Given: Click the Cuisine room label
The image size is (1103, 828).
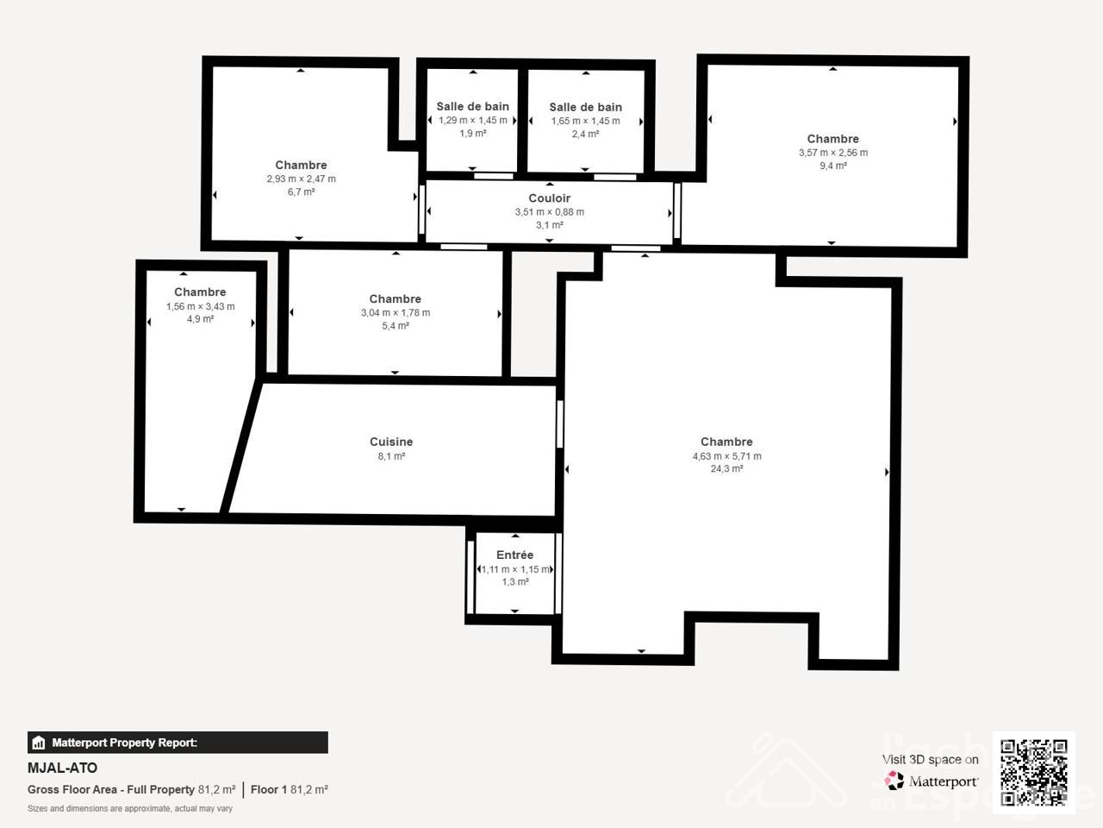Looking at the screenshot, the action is pyautogui.click(x=391, y=442).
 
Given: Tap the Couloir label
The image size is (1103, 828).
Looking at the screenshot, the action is pyautogui.click(x=549, y=198).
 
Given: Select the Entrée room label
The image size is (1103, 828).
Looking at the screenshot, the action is pyautogui.click(x=514, y=555).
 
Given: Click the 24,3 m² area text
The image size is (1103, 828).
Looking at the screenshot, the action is pyautogui.click(x=726, y=468).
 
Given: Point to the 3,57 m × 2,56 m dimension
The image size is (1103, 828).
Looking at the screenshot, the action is pyautogui.click(x=833, y=153).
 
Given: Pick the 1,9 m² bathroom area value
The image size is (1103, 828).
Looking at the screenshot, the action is pyautogui.click(x=473, y=133).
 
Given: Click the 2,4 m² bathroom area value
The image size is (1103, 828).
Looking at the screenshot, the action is pyautogui.click(x=585, y=134).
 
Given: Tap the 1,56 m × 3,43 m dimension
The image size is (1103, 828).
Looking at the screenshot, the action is pyautogui.click(x=201, y=306).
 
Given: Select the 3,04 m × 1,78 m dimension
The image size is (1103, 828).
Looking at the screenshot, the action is pyautogui.click(x=396, y=313).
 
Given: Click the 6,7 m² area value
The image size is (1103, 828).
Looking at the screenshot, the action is pyautogui.click(x=301, y=191).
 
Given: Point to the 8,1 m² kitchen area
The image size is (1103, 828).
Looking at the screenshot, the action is pyautogui.click(x=391, y=456).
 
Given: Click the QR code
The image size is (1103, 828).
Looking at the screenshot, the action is pyautogui.click(x=1034, y=773).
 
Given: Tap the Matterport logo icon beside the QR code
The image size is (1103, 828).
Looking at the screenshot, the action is pyautogui.click(x=894, y=781).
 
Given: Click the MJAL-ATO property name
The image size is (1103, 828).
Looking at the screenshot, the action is pyautogui.click(x=62, y=768).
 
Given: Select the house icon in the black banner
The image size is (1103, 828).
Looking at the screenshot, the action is pyautogui.click(x=38, y=743).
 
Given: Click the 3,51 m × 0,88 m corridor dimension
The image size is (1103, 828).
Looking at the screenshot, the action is pyautogui.click(x=549, y=212).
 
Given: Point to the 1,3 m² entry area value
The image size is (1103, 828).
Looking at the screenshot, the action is pyautogui.click(x=515, y=581).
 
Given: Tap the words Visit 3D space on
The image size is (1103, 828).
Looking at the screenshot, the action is pyautogui.click(x=930, y=759).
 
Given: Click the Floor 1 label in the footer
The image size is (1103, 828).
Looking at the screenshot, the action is pyautogui.click(x=268, y=789).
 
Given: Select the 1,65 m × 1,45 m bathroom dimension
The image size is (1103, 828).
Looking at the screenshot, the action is pyautogui.click(x=585, y=121).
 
